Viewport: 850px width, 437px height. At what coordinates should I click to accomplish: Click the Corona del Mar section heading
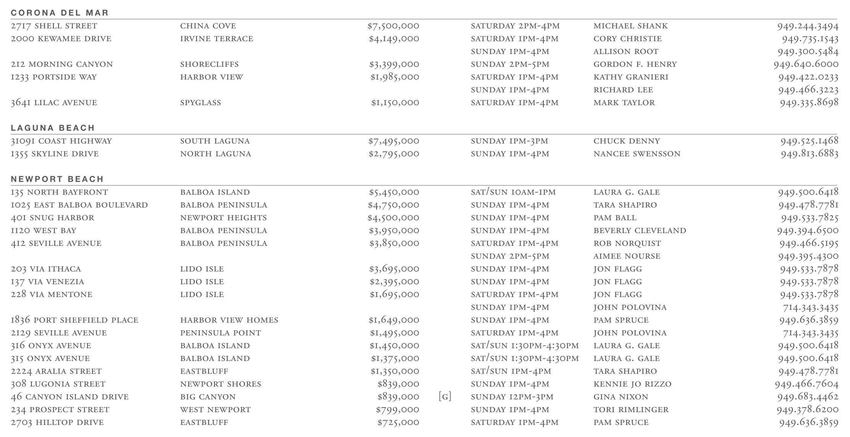pyautogui.click(x=60, y=13)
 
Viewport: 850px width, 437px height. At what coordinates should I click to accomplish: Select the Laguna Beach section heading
pyautogui.click(x=53, y=128)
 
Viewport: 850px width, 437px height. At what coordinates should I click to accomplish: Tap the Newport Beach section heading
pyautogui.click(x=57, y=179)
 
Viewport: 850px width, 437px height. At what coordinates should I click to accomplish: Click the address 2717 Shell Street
pyautogui.click(x=54, y=26)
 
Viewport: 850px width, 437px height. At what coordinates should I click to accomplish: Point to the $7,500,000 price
pyautogui.click(x=393, y=26)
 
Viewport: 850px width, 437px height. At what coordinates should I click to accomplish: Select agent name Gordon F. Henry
pyautogui.click(x=635, y=64)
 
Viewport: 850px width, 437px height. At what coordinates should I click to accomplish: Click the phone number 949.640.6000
pyautogui.click(x=806, y=64)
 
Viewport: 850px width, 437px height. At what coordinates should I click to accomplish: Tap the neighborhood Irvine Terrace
pyautogui.click(x=217, y=39)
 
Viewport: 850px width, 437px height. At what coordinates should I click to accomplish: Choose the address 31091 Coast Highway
pyautogui.click(x=61, y=141)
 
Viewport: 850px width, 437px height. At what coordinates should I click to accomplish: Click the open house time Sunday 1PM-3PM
pyautogui.click(x=509, y=141)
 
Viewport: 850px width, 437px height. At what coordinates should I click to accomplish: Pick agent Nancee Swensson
pyautogui.click(x=637, y=154)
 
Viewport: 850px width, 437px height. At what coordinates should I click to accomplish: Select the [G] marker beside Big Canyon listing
pyautogui.click(x=445, y=396)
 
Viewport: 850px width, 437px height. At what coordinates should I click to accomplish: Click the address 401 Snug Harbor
pyautogui.click(x=52, y=218)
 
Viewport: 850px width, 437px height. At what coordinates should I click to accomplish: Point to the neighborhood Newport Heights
pyautogui.click(x=224, y=218)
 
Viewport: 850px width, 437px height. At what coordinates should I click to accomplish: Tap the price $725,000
pyautogui.click(x=398, y=422)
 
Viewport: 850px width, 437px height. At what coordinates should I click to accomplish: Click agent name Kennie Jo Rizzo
pyautogui.click(x=632, y=384)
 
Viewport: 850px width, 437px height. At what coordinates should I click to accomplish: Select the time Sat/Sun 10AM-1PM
pyautogui.click(x=513, y=192)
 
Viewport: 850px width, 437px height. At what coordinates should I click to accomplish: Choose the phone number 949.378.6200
pyautogui.click(x=807, y=410)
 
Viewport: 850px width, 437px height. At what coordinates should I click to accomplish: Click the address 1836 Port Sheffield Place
pyautogui.click(x=75, y=320)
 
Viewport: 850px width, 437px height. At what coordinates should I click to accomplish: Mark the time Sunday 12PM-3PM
pyautogui.click(x=512, y=397)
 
